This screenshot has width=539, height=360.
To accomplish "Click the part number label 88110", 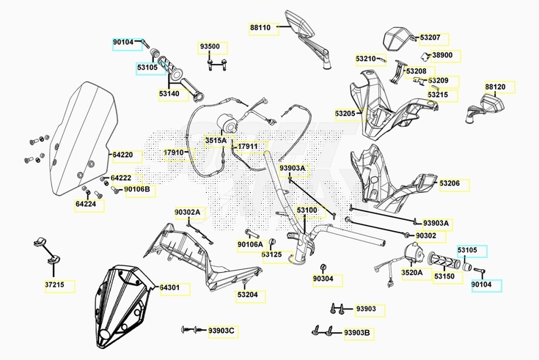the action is click(x=260, y=28).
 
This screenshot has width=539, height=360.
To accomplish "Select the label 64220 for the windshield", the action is click(x=122, y=155).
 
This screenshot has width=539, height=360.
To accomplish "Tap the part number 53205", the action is click(x=345, y=113).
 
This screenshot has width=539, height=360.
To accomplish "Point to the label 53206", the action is click(x=450, y=183).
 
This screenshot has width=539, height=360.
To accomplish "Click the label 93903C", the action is click(x=221, y=331).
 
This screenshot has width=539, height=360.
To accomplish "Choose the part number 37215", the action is click(x=55, y=284).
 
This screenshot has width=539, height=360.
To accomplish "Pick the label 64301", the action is click(x=169, y=287).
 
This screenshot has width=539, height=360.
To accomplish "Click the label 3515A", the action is click(x=216, y=140).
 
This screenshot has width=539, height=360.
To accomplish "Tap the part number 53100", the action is click(x=307, y=210).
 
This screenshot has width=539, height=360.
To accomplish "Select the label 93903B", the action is click(x=357, y=333).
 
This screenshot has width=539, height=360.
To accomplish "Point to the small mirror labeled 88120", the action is click(x=485, y=106).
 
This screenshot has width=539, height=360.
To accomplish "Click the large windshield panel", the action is click(x=82, y=139).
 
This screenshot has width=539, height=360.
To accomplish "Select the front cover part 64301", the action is click(x=122, y=306).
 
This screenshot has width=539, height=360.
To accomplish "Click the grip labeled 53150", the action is click(x=444, y=260).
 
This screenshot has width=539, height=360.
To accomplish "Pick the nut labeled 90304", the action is click(x=323, y=268).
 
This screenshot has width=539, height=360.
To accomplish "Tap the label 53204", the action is click(x=248, y=295).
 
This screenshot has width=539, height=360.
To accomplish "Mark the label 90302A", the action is click(x=187, y=212).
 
